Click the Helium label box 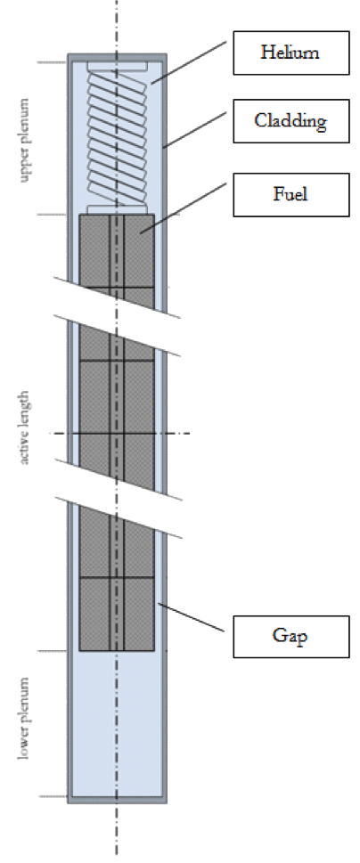point(291,53)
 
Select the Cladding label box point(291,121)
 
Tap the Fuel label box point(291,195)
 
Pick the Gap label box point(291,637)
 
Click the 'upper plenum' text point(24,140)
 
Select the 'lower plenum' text point(24,718)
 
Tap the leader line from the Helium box point(189,62)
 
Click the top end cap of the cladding point(117,57)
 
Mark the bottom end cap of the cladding point(117,800)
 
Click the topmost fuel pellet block point(117,250)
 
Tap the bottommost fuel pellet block point(117,615)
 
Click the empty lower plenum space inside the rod point(117,724)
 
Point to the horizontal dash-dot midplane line point(120,434)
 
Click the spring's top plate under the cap point(117,66)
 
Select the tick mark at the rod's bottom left point(53,796)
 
